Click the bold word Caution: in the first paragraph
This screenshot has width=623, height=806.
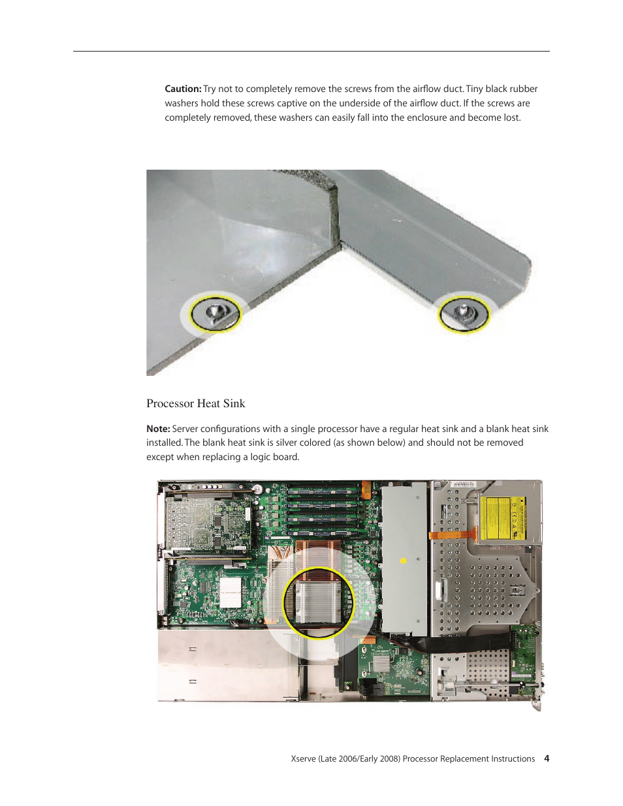[183, 89]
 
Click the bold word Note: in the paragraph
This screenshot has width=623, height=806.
[158, 429]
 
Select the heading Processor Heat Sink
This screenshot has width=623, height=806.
[196, 403]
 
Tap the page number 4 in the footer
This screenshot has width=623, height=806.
[547, 758]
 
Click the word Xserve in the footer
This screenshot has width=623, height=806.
[304, 759]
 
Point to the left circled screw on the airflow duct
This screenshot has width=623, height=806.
[215, 313]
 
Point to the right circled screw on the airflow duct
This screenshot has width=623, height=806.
[463, 313]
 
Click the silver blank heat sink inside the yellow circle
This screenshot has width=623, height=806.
[318, 601]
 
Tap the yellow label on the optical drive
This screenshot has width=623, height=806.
[503, 519]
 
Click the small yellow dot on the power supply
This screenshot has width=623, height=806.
[404, 561]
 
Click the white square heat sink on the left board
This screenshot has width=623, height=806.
[231, 591]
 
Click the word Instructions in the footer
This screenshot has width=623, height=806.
[509, 759]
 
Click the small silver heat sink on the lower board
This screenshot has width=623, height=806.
[380, 664]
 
